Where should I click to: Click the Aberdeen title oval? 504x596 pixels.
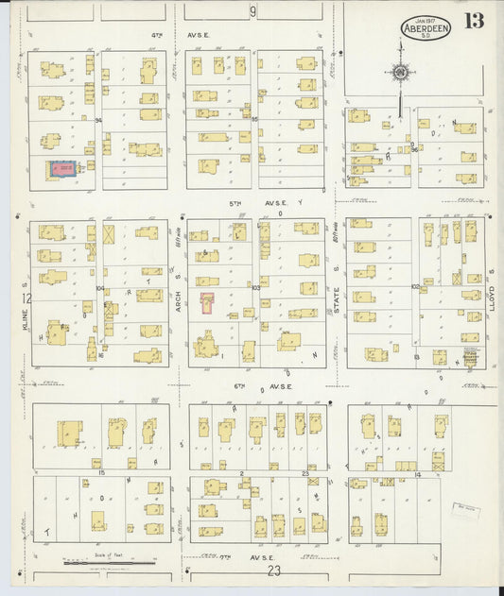[x=426, y=26]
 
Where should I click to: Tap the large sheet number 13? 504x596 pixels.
[x=475, y=21]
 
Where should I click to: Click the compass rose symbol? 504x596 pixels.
[x=400, y=73]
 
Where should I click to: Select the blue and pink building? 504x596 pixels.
[x=63, y=170]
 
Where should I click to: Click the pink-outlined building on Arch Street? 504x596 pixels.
[x=207, y=301]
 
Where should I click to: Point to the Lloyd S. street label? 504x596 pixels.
[x=494, y=283]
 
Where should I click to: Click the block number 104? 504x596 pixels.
[x=98, y=287]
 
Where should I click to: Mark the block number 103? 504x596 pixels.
[x=254, y=287]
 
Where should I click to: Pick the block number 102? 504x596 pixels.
[x=414, y=287]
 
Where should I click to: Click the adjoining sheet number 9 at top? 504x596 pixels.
[x=252, y=11]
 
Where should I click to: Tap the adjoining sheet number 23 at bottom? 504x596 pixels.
[x=274, y=570]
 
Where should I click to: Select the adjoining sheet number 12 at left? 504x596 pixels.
[x=27, y=298]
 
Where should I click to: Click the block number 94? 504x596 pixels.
[x=97, y=120]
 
